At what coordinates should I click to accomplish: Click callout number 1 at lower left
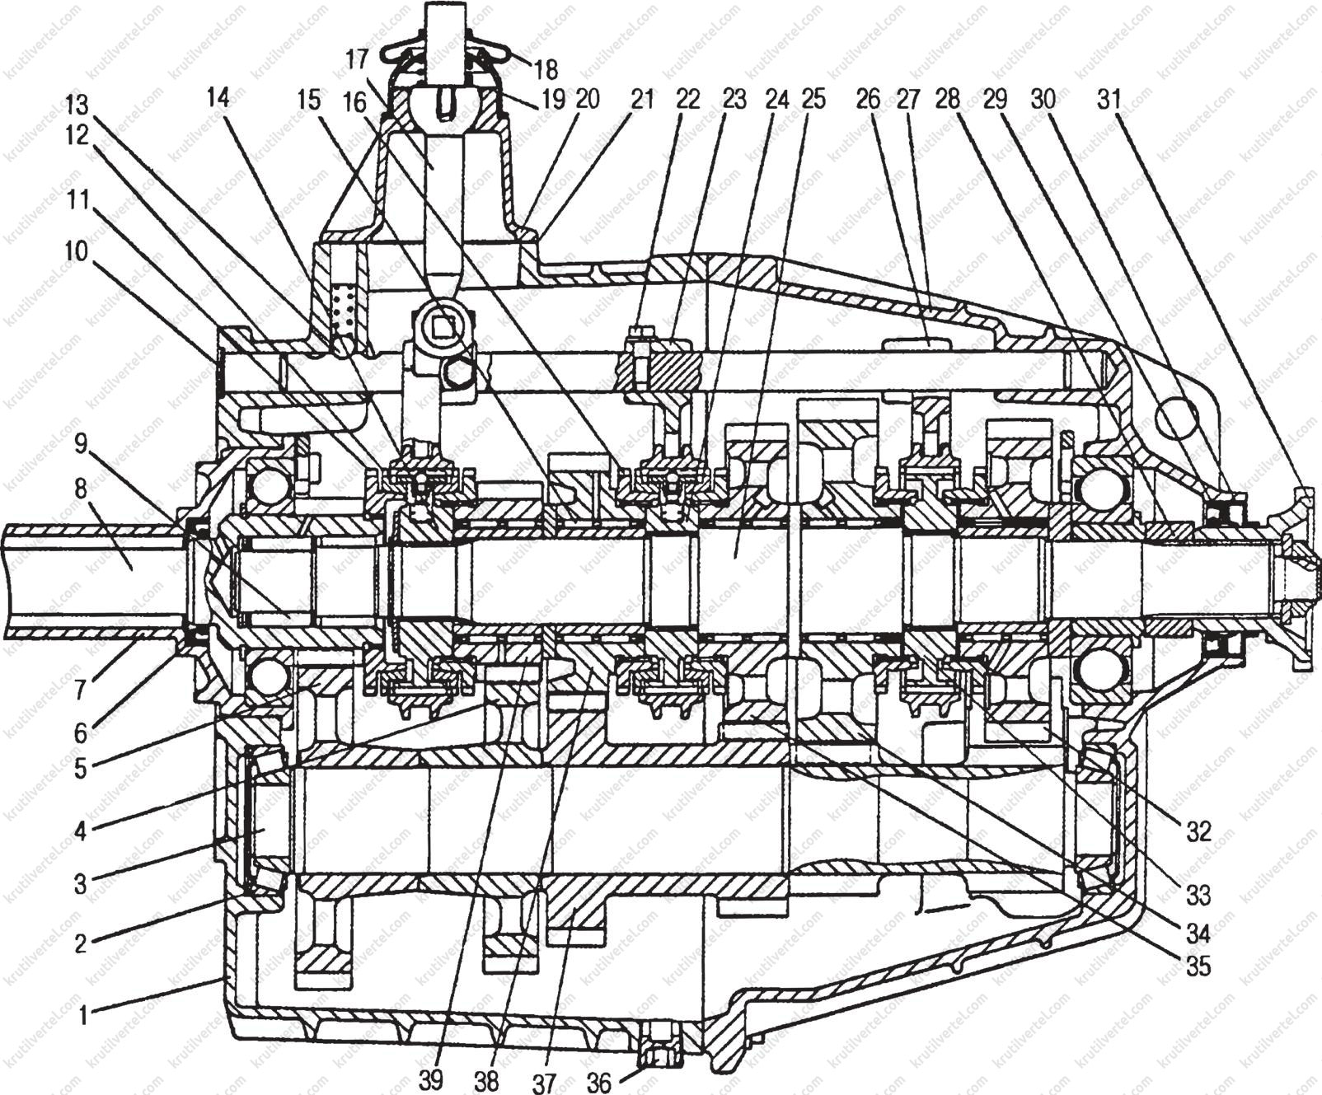(x=82, y=1013)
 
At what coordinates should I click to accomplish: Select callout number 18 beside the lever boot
(x=545, y=68)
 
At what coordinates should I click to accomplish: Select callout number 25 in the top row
(x=812, y=100)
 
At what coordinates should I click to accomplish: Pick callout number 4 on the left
(x=80, y=831)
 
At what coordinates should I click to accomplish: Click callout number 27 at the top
(x=906, y=100)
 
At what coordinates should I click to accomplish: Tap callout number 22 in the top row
(x=686, y=100)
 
